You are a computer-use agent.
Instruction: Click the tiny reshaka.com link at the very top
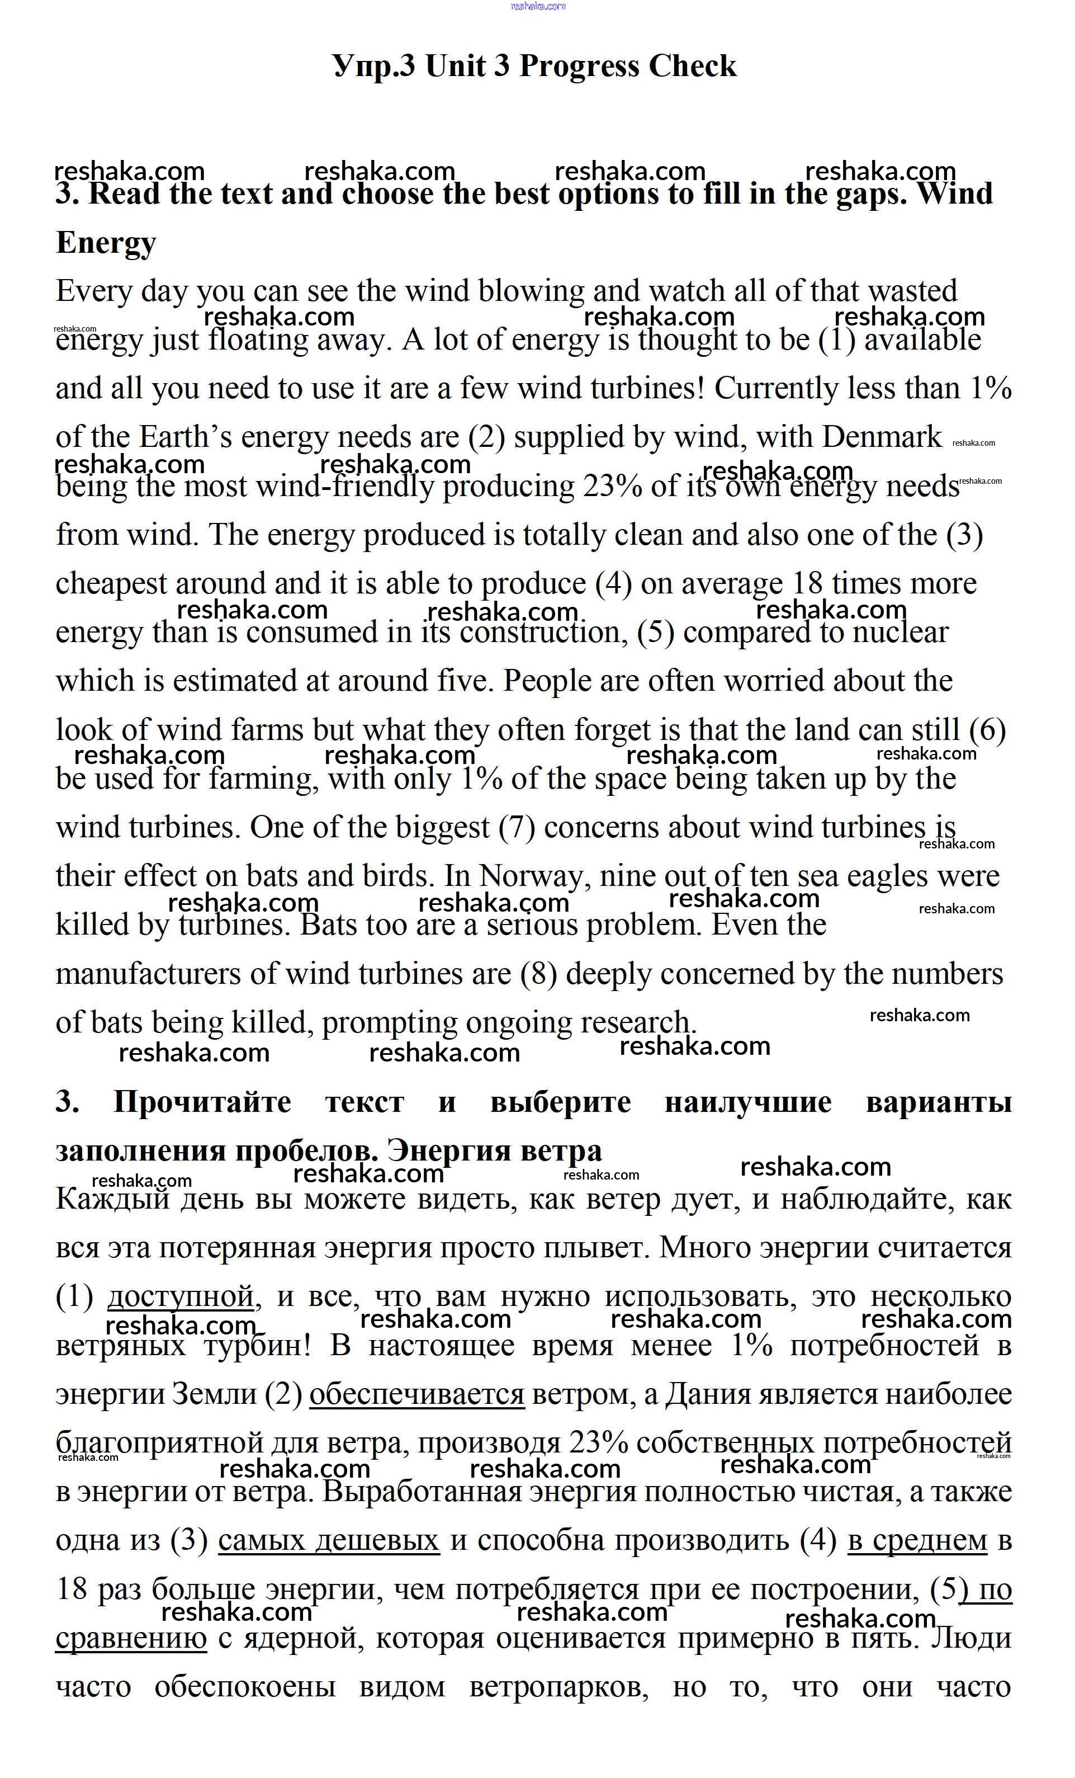[x=538, y=7]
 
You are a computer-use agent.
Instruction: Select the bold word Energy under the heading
[x=105, y=243]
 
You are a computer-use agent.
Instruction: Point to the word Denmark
[x=881, y=437]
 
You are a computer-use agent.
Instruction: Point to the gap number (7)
[x=517, y=828]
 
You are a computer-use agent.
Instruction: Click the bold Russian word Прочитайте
[x=202, y=1102]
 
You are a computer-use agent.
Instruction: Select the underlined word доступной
[x=181, y=1296]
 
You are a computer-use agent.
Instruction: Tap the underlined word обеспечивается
[x=416, y=1394]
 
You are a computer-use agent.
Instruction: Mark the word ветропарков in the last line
[x=558, y=1686]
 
